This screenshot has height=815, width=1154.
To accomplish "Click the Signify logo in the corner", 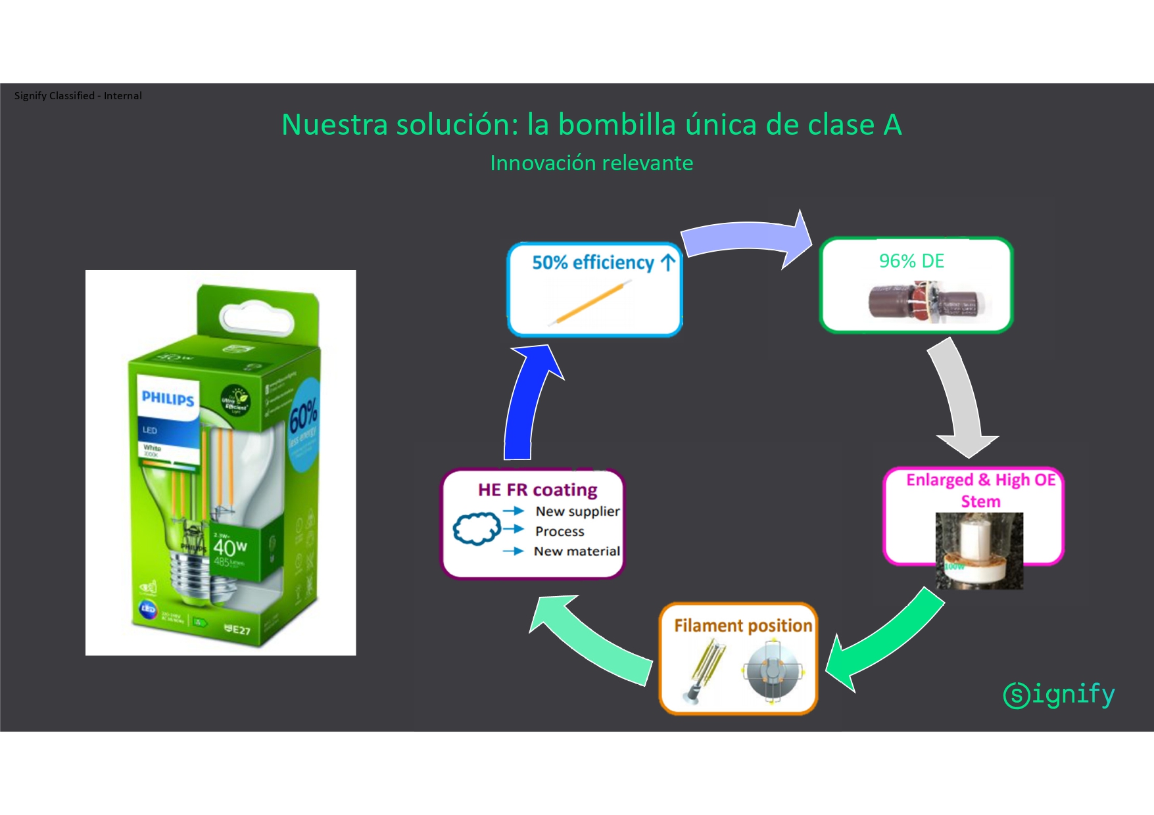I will (1059, 695).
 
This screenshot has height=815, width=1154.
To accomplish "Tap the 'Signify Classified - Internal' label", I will (78, 96).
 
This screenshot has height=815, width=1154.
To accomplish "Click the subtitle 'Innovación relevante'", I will (591, 163).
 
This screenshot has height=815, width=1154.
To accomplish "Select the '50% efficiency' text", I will (592, 262).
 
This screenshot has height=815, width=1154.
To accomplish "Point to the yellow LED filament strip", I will (590, 302).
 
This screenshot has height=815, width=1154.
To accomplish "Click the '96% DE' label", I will (911, 261).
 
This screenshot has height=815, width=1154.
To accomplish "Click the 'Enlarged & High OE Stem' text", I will (980, 490).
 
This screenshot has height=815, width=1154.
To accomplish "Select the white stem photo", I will (979, 551).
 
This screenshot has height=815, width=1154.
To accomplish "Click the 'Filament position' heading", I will (743, 625).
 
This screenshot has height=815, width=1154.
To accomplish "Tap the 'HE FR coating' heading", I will (537, 490).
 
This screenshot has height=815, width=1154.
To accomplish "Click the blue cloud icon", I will (476, 528).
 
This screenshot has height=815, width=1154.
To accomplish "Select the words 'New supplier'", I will (577, 511).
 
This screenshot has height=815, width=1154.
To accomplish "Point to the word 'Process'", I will (560, 531).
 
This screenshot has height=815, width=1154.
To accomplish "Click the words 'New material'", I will (577, 551).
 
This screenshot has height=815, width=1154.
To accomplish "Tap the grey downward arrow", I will (960, 401).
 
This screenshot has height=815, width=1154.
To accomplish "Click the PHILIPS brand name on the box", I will (168, 398).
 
